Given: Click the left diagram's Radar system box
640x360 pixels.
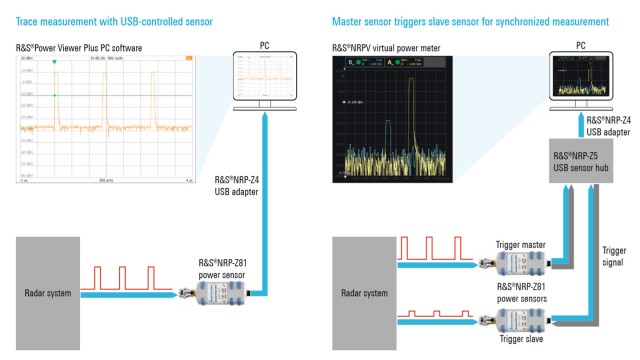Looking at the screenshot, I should (61, 293).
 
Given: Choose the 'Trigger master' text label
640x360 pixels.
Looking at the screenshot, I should (520, 242).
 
